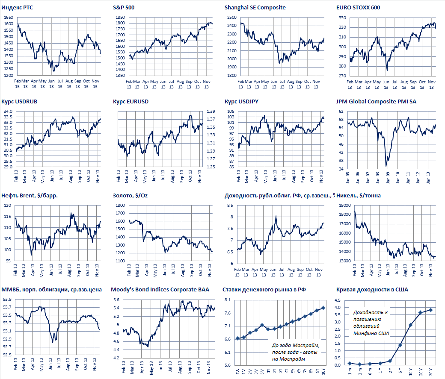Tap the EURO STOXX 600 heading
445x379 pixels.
(358, 8)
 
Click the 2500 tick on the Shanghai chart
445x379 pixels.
(232, 18)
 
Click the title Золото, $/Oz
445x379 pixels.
(129, 196)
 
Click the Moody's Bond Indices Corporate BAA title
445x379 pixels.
(160, 290)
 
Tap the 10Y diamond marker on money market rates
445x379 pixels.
(323, 308)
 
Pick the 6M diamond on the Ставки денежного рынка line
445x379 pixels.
(262, 325)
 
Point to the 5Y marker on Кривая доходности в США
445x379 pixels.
(400, 345)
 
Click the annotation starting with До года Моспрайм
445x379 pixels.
(296, 352)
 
